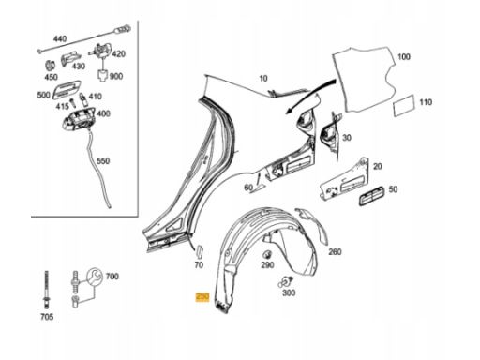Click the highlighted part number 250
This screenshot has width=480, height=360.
pos(202,297)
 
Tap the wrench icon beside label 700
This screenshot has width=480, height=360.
pos(95,277)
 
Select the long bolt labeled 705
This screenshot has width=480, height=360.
pos(47,290)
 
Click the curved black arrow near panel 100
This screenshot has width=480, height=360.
pos(310,96)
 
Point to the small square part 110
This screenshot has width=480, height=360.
pos(404,105)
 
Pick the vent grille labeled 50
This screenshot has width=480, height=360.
pos(371,195)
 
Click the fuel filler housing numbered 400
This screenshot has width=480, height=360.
pos(79,118)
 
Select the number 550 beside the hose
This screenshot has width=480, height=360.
pos(103,161)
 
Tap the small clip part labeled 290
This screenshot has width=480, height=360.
pos(267,255)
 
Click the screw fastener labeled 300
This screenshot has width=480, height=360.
pos(286,281)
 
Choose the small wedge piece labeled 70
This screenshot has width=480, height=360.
pos(200,250)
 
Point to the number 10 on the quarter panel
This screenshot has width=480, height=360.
pos(263,78)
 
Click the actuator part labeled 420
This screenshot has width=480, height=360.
pos(102,52)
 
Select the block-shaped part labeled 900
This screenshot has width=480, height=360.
pos(102,76)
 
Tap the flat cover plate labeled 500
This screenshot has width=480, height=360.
pos(67,90)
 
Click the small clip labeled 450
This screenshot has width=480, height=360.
pos(50,66)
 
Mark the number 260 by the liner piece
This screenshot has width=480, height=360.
pos(335,251)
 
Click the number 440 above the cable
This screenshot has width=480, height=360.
pos(60,38)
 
